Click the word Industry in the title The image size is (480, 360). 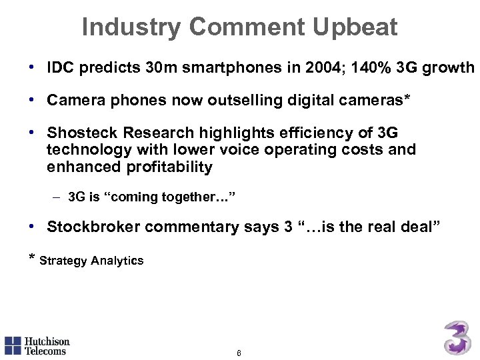tap(131, 27)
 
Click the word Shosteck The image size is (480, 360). tap(81, 133)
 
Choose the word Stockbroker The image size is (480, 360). tap(93, 227)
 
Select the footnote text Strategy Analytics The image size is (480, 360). tap(91, 261)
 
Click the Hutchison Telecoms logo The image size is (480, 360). tap(37, 345)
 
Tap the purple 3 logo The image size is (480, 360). tap(458, 337)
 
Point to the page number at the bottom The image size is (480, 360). tap(239, 353)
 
